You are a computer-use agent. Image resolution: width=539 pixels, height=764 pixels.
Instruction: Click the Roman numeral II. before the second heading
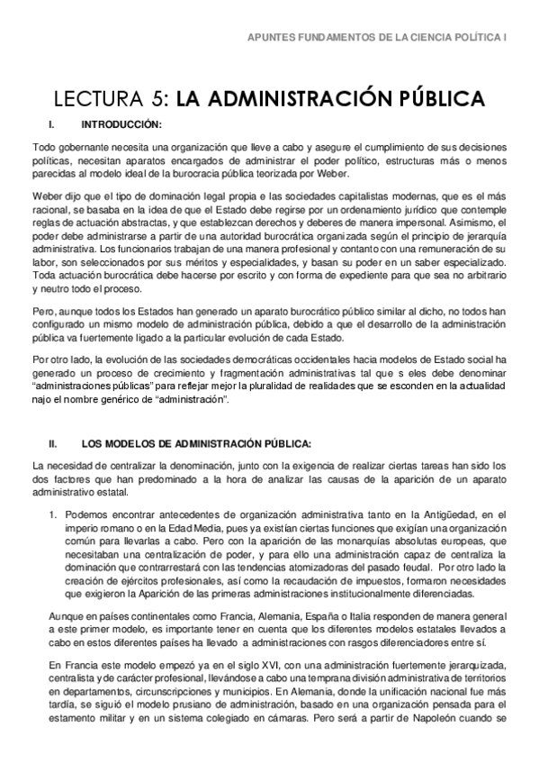53,443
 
